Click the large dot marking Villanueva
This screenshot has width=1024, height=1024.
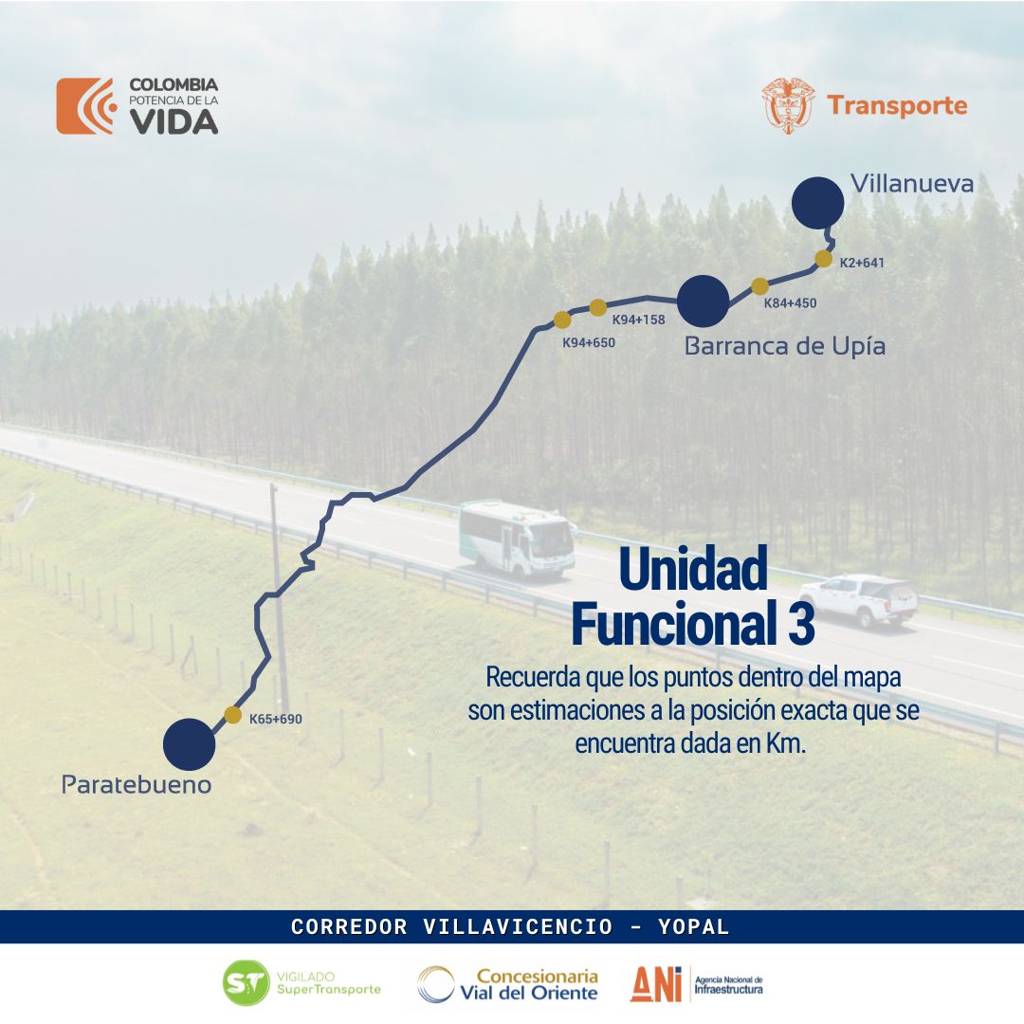tap(817, 203)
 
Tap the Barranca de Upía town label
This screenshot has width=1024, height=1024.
tap(785, 346)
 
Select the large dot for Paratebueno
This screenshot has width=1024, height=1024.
tap(189, 744)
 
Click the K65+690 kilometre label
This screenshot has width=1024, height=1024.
tap(276, 719)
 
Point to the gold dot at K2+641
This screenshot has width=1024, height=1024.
tap(824, 259)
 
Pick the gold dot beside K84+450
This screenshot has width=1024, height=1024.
tap(759, 286)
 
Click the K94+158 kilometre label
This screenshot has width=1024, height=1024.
tap(639, 320)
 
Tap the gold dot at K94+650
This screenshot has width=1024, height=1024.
tap(562, 320)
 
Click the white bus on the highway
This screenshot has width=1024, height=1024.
tap(518, 539)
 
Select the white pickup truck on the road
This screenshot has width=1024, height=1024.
tap(858, 599)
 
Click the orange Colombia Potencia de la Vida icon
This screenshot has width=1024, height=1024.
tap(86, 106)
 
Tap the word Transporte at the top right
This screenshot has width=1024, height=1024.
tap(897, 106)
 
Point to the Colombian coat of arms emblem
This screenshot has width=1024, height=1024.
tap(788, 106)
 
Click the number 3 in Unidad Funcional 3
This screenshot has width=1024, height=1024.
tap(802, 624)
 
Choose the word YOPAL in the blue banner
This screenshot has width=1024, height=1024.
tap(693, 926)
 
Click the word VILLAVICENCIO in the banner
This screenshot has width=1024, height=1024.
tap(518, 926)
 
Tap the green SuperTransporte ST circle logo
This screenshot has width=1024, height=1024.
tap(247, 983)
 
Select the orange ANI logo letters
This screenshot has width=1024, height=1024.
tap(656, 983)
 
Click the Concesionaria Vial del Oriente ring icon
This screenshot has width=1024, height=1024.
tap(435, 984)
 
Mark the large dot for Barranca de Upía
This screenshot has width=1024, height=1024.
tap(704, 302)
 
